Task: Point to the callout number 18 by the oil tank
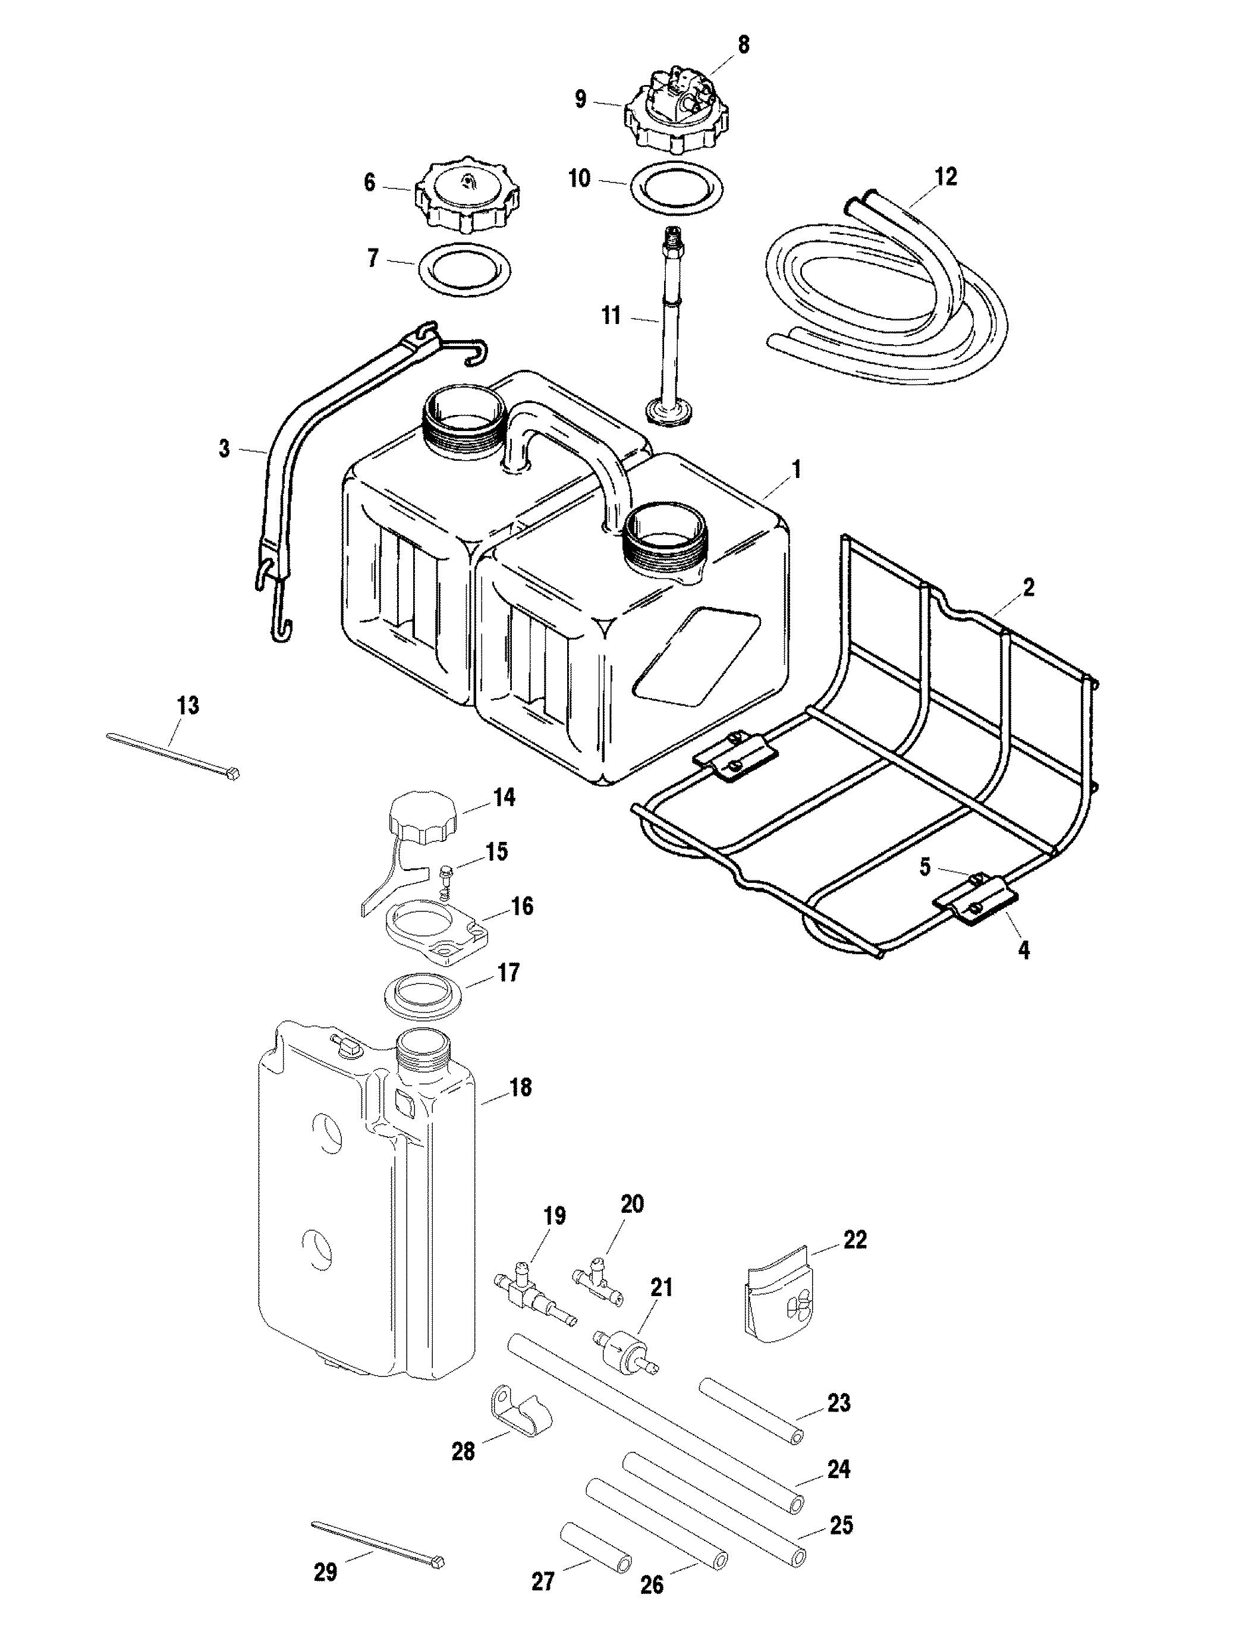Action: click(520, 1087)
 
